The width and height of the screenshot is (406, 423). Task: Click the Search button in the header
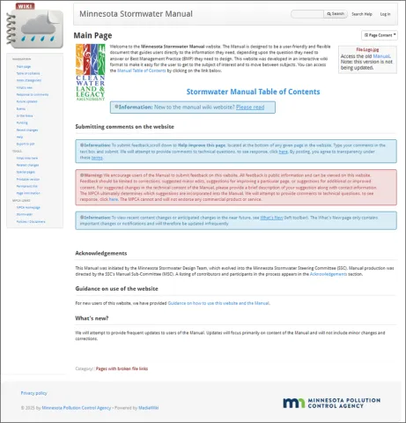coord(336,14)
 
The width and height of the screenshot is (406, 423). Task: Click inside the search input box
coord(307,14)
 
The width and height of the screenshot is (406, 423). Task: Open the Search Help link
coord(361,14)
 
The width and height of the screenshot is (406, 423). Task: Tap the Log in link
coord(385,14)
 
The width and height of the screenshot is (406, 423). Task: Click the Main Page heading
coord(92,35)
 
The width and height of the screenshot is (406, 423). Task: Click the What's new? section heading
coord(92,317)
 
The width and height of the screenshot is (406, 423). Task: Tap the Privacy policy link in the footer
coord(33,393)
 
